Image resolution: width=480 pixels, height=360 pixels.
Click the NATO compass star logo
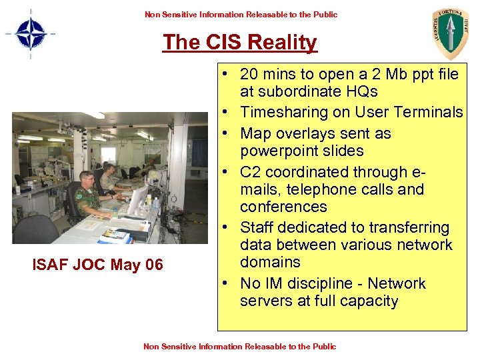coord(29,33)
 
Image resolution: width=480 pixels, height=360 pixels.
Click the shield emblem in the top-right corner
coord(450,33)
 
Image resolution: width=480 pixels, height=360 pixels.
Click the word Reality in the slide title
coord(281,43)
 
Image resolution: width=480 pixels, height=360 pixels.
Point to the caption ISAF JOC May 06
coord(97,265)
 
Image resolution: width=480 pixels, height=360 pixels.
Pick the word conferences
coord(283,207)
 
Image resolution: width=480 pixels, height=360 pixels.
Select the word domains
coord(270,262)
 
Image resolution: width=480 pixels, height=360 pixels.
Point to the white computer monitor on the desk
coord(138,198)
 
